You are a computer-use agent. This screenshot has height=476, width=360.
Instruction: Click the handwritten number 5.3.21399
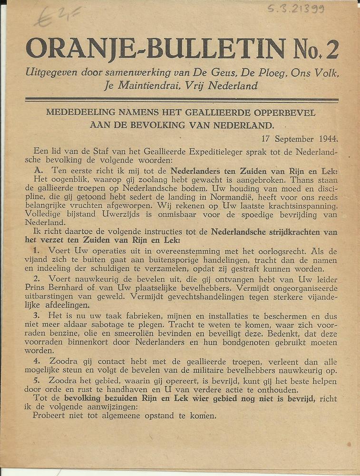pyautogui.click(x=295, y=8)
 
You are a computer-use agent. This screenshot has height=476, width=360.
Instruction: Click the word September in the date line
pyautogui.click(x=293, y=139)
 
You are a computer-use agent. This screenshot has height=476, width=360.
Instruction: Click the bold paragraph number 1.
pyautogui.click(x=36, y=250)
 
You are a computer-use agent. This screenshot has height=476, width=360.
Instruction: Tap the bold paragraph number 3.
pyautogui.click(x=36, y=316)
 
